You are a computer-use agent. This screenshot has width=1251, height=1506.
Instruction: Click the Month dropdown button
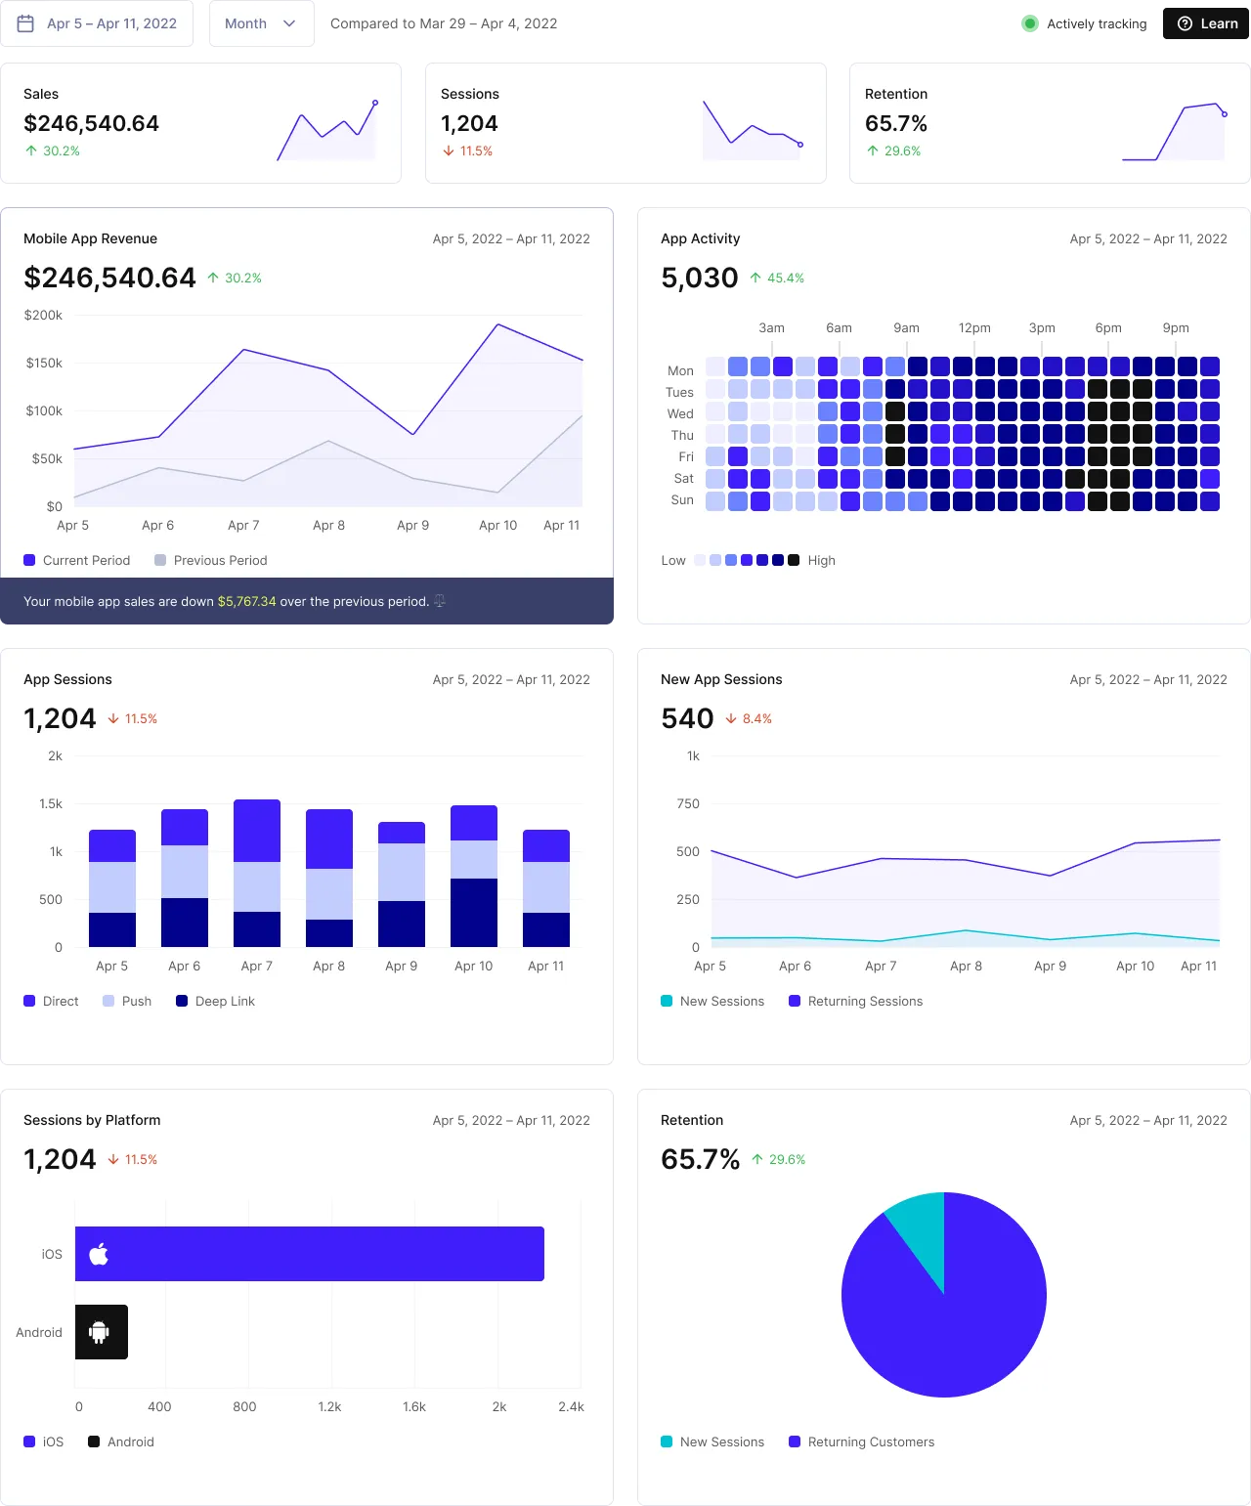point(260,23)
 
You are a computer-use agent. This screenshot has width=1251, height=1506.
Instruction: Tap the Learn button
point(1207,23)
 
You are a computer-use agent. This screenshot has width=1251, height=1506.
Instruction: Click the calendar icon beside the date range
point(26,23)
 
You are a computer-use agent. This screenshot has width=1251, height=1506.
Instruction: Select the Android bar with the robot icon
point(101,1332)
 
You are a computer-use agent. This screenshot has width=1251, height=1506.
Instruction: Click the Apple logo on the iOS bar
point(99,1254)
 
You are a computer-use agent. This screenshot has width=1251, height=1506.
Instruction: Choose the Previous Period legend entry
point(210,560)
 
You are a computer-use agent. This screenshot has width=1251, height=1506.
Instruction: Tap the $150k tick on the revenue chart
point(44,363)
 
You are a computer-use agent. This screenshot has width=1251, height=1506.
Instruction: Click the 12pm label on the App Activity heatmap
point(974,328)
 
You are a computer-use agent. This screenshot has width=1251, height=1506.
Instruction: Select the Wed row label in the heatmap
point(680,413)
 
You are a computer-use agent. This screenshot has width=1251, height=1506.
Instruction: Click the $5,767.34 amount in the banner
point(246,601)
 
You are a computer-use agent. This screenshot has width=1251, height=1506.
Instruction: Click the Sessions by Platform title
point(92,1120)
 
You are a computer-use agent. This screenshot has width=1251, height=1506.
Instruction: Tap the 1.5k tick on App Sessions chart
point(51,803)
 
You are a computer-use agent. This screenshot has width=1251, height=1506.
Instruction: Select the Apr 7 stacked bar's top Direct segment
point(257,831)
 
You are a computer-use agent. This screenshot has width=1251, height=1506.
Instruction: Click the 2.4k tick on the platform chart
point(571,1406)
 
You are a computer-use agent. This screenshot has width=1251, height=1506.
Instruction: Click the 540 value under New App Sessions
point(687,718)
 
